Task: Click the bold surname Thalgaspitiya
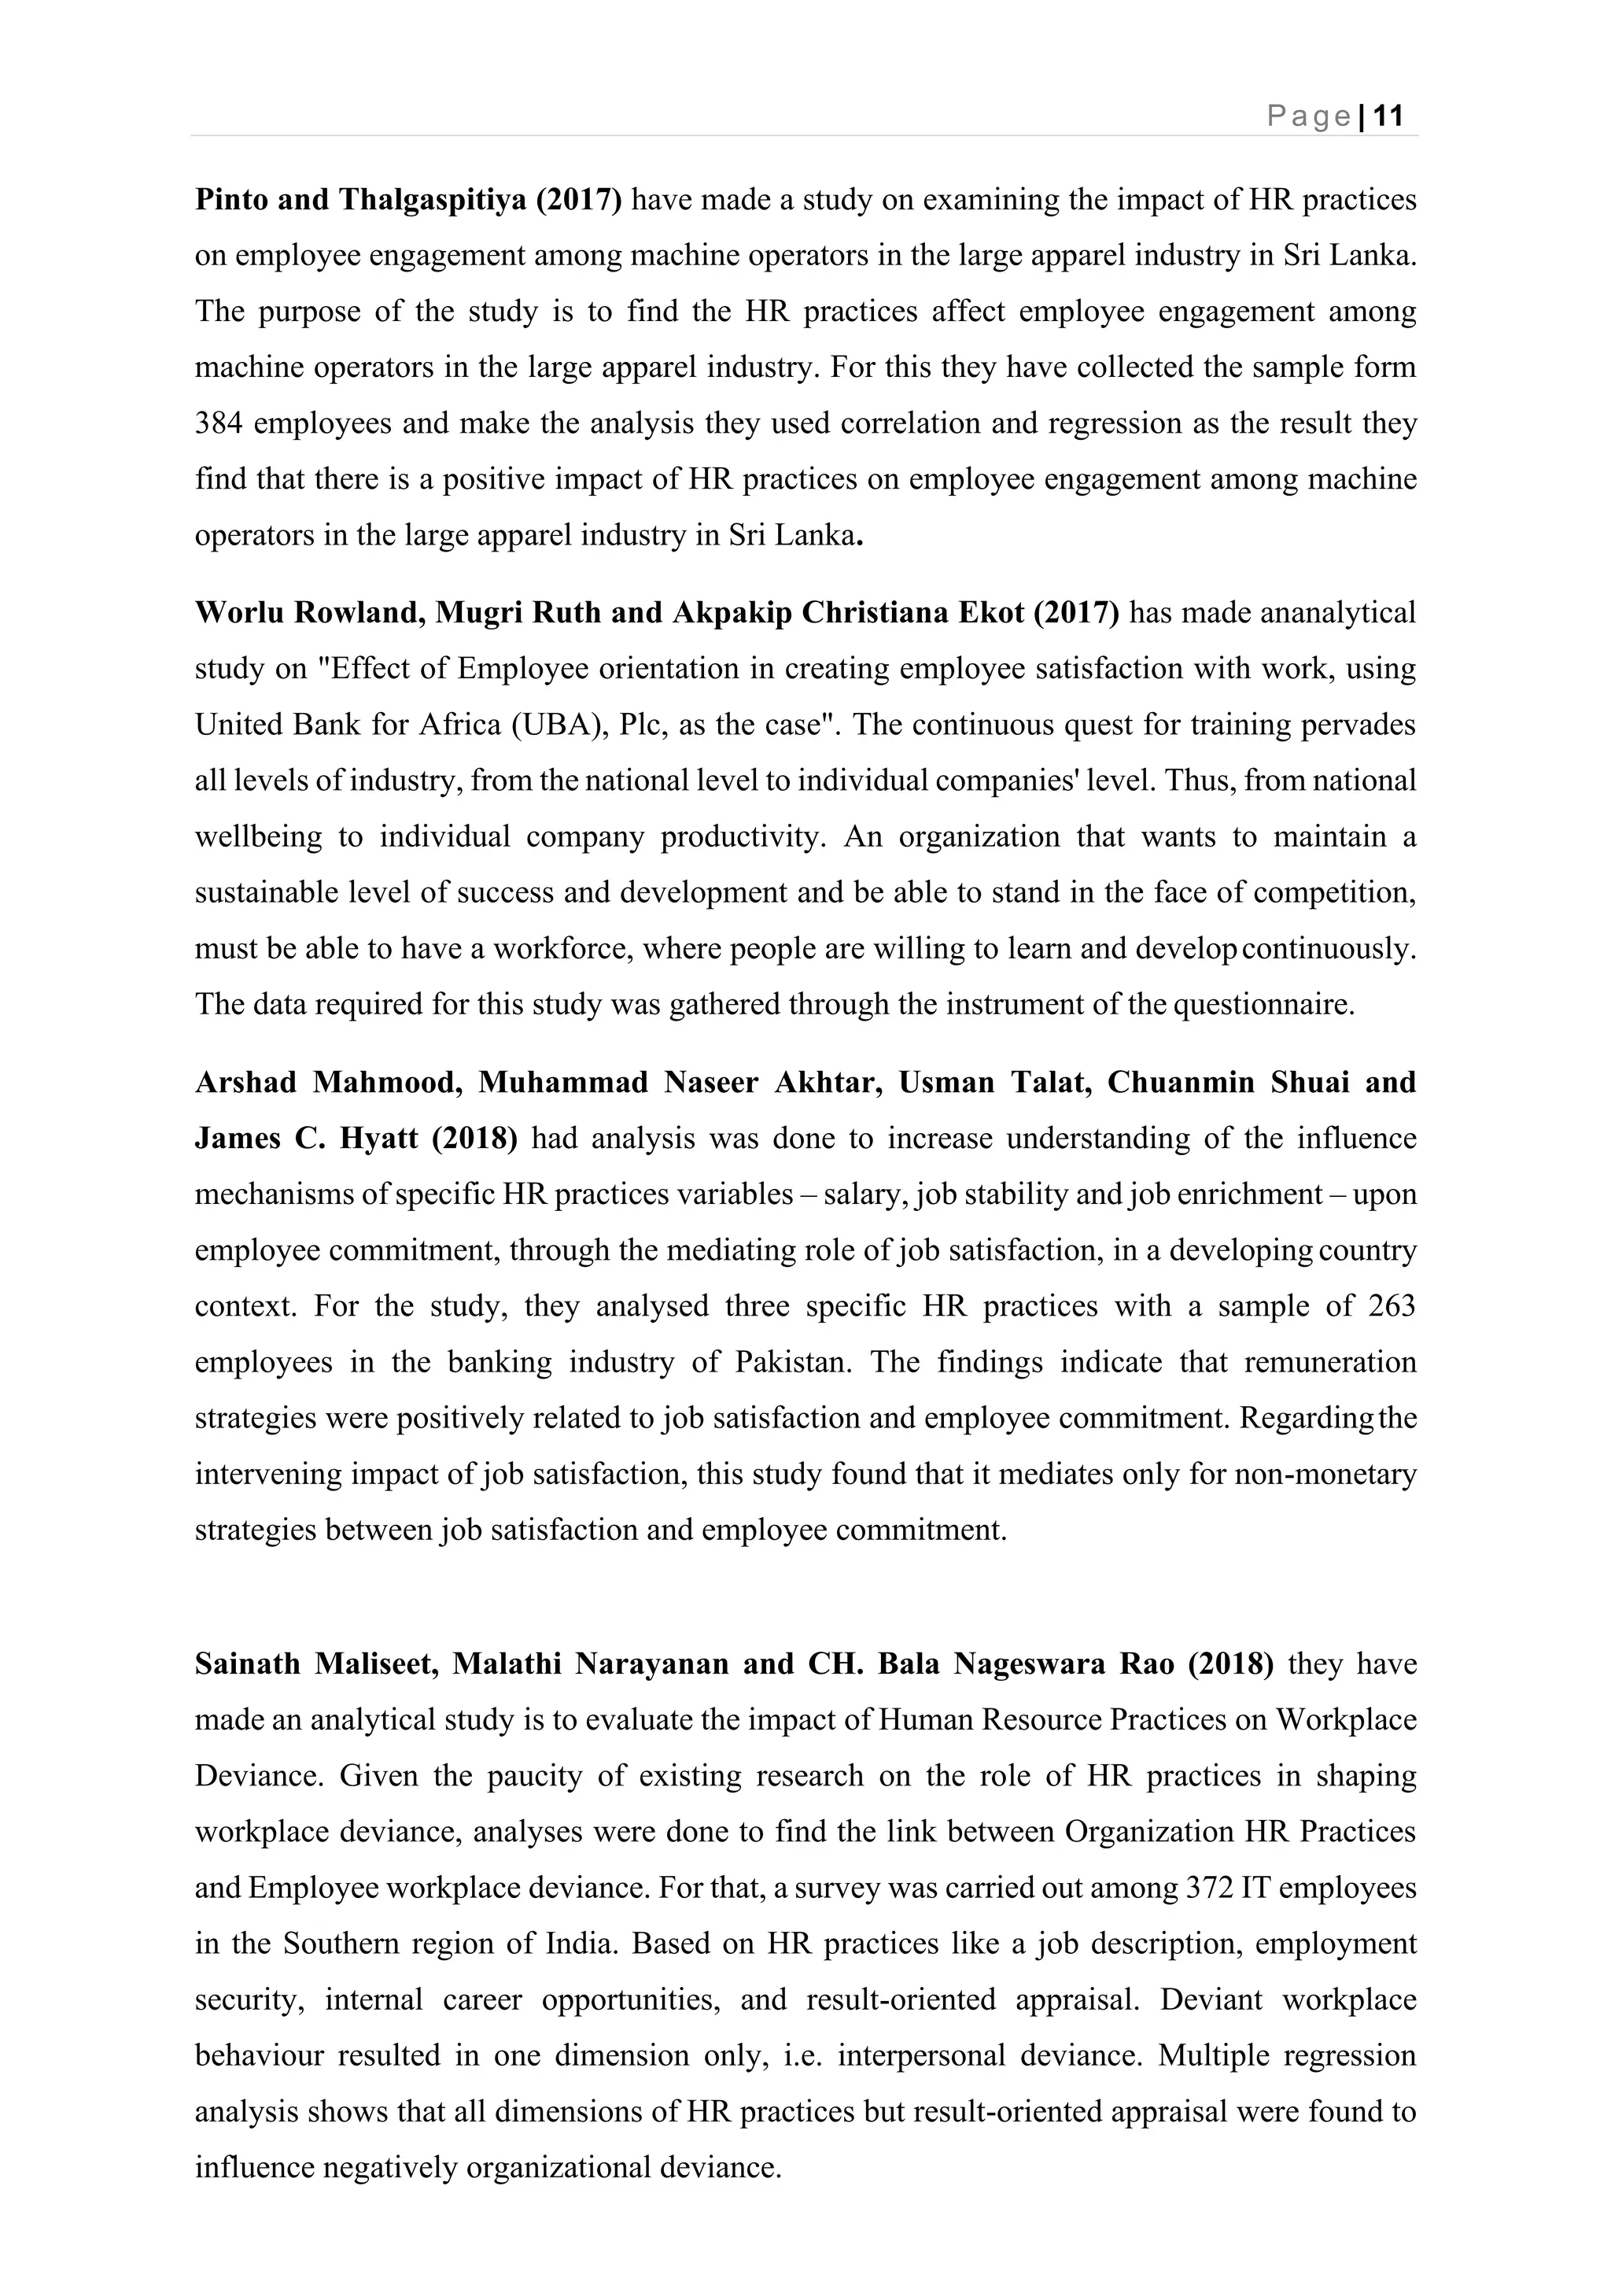pos(433,201)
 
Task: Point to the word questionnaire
pos(1264,1005)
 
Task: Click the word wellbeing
pos(258,837)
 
